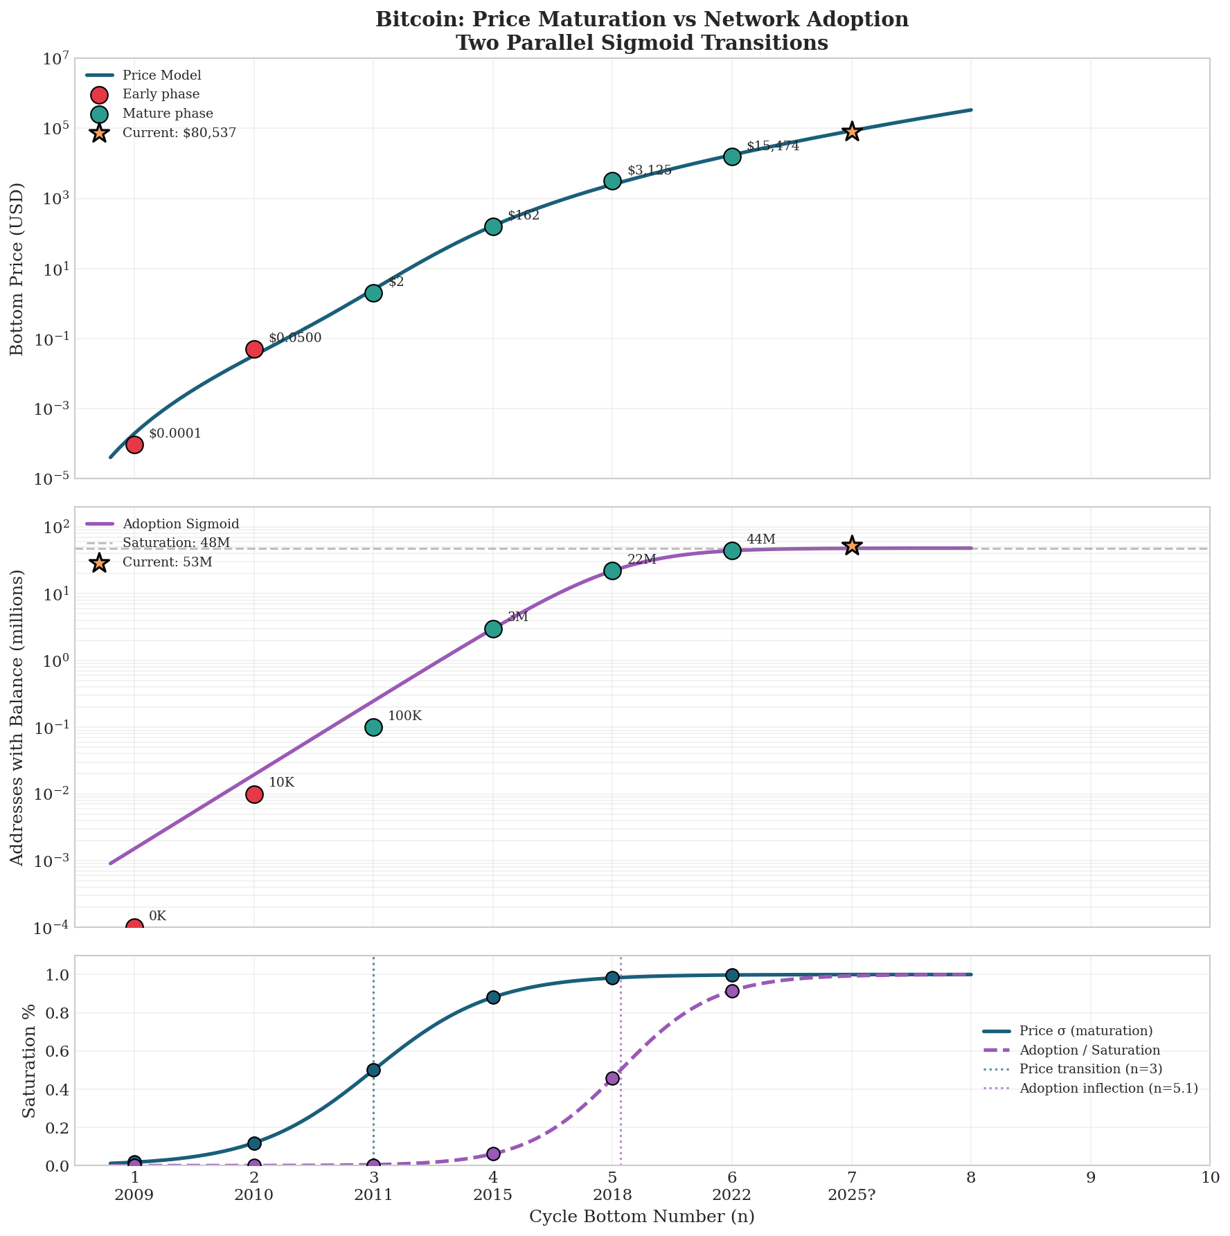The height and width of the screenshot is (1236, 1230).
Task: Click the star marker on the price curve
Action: coord(851,132)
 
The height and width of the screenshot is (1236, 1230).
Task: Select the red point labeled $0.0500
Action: coord(254,349)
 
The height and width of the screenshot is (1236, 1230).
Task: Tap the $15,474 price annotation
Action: coord(772,146)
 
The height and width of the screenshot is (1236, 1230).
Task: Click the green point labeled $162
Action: coord(493,226)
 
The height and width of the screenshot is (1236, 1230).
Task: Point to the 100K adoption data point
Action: coord(373,727)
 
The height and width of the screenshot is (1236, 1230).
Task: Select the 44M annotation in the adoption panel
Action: coord(760,539)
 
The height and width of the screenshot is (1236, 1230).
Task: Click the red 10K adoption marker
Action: coord(254,794)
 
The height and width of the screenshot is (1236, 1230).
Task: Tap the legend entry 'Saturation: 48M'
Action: coord(176,542)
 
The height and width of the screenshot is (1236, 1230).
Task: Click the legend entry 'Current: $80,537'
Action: coord(179,133)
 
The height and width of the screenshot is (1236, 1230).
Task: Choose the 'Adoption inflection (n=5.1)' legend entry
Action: coord(1108,1089)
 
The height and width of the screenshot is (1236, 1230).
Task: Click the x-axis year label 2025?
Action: coord(851,1194)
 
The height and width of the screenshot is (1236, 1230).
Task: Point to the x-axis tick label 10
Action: coord(1209,1177)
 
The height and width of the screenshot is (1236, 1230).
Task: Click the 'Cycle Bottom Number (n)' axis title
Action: coord(641,1217)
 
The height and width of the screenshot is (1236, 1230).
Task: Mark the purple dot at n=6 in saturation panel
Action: coord(732,991)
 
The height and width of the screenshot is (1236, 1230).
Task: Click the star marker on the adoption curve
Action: coord(851,546)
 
